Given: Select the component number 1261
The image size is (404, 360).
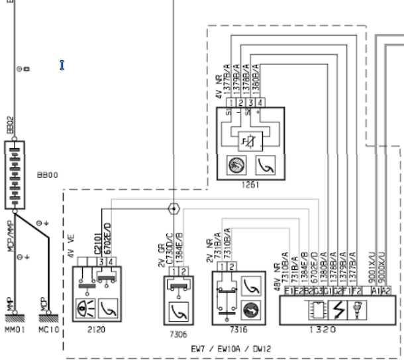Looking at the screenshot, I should [x=251, y=185].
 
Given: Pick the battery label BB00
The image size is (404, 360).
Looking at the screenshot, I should [x=48, y=175].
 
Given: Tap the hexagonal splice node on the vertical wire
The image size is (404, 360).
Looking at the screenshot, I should [x=174, y=208].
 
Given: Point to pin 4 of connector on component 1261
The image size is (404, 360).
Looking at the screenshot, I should [x=261, y=103].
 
